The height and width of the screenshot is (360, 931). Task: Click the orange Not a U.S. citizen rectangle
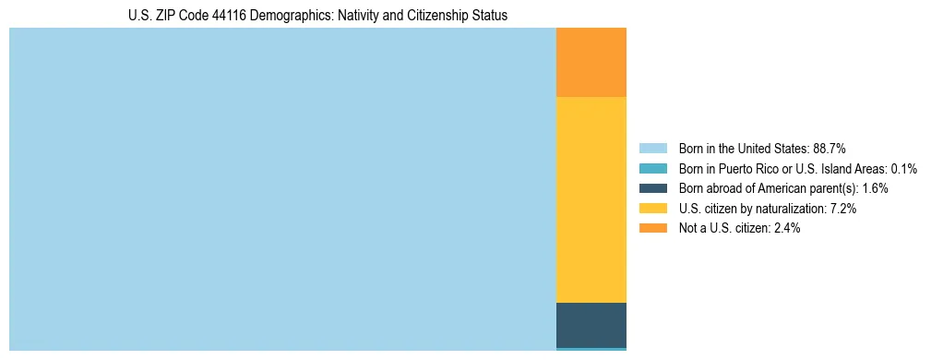pyautogui.click(x=591, y=62)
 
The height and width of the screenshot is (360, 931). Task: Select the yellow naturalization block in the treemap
pyautogui.click(x=591, y=199)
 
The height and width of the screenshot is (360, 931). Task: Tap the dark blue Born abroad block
pyautogui.click(x=591, y=324)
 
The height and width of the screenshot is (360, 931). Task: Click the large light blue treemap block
pyautogui.click(x=282, y=188)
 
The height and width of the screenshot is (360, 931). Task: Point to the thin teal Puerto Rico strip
pyautogui.click(x=591, y=349)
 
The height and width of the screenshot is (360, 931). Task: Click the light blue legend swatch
pyautogui.click(x=653, y=148)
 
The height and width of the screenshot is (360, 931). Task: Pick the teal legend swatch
pyautogui.click(x=653, y=168)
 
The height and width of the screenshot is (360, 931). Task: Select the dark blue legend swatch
pyautogui.click(x=653, y=188)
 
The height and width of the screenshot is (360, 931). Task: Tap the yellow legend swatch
pyautogui.click(x=653, y=209)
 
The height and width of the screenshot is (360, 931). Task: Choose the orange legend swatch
pyautogui.click(x=653, y=228)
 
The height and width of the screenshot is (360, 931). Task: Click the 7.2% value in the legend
pyautogui.click(x=843, y=209)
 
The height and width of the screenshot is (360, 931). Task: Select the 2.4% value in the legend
pyautogui.click(x=787, y=228)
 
